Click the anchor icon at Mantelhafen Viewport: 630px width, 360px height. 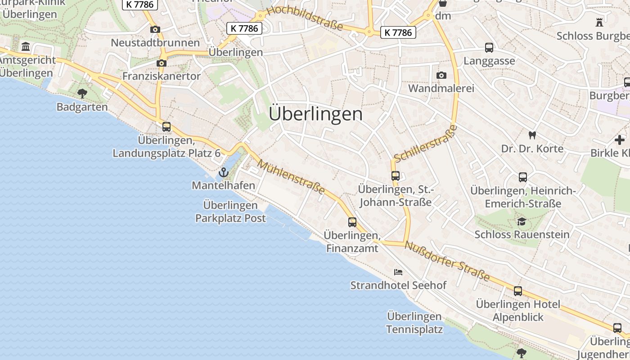click(x=223, y=172)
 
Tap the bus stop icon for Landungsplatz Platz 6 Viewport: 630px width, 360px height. click(x=166, y=127)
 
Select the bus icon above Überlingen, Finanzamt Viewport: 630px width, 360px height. click(x=352, y=222)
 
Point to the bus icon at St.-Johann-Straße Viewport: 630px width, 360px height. click(x=396, y=176)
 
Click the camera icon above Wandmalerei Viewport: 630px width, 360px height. click(x=441, y=75)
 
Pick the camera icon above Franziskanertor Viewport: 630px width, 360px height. click(x=161, y=63)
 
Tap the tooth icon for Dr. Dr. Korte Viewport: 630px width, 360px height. click(x=532, y=135)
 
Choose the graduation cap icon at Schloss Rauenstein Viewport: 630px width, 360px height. click(x=522, y=221)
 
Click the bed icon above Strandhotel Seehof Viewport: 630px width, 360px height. click(x=398, y=272)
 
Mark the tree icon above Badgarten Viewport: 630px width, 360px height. click(x=82, y=94)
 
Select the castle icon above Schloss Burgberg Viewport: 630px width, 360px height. click(x=599, y=22)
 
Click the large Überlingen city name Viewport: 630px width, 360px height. click(x=315, y=114)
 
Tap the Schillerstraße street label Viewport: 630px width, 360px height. click(x=425, y=144)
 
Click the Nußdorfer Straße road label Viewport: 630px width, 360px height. click(x=447, y=261)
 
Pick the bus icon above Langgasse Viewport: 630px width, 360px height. click(x=489, y=48)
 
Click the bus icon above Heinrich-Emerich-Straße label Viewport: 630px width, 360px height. click(x=522, y=177)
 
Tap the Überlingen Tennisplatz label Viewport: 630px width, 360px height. click(x=414, y=323)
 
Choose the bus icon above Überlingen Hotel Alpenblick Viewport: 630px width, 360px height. click(x=518, y=291)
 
